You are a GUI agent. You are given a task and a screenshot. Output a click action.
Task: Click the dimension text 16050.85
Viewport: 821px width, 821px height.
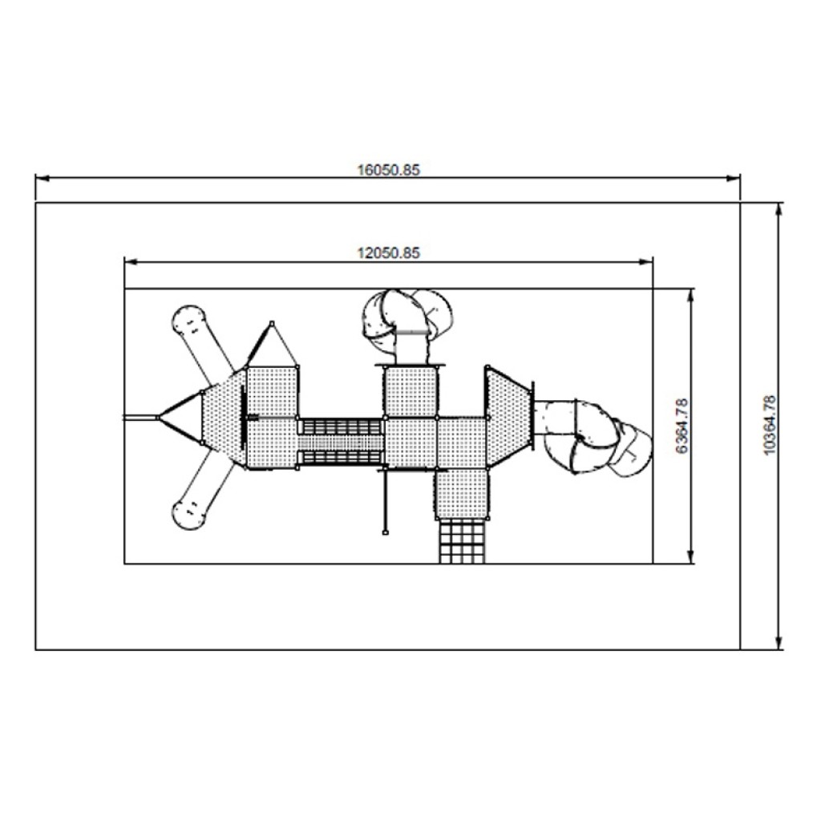click(389, 170)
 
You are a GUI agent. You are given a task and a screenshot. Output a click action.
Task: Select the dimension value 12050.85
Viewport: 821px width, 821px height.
click(389, 253)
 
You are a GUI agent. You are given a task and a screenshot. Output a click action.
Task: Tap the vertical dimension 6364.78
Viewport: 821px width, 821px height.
click(681, 426)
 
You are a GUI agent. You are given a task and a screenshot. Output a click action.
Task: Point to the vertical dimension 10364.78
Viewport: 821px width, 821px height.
click(770, 425)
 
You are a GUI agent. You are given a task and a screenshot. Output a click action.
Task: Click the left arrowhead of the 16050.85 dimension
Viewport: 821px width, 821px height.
click(42, 179)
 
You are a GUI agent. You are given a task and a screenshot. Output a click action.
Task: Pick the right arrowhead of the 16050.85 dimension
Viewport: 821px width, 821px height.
click(734, 179)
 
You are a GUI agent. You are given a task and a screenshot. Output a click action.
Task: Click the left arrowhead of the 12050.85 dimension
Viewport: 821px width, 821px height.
click(131, 261)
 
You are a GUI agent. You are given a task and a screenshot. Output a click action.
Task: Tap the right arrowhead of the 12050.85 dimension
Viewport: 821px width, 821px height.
click(646, 261)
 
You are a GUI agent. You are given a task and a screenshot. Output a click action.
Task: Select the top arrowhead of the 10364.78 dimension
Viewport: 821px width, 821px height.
click(779, 209)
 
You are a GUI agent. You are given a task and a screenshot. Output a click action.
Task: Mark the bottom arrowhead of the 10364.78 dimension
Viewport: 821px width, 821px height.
click(779, 643)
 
